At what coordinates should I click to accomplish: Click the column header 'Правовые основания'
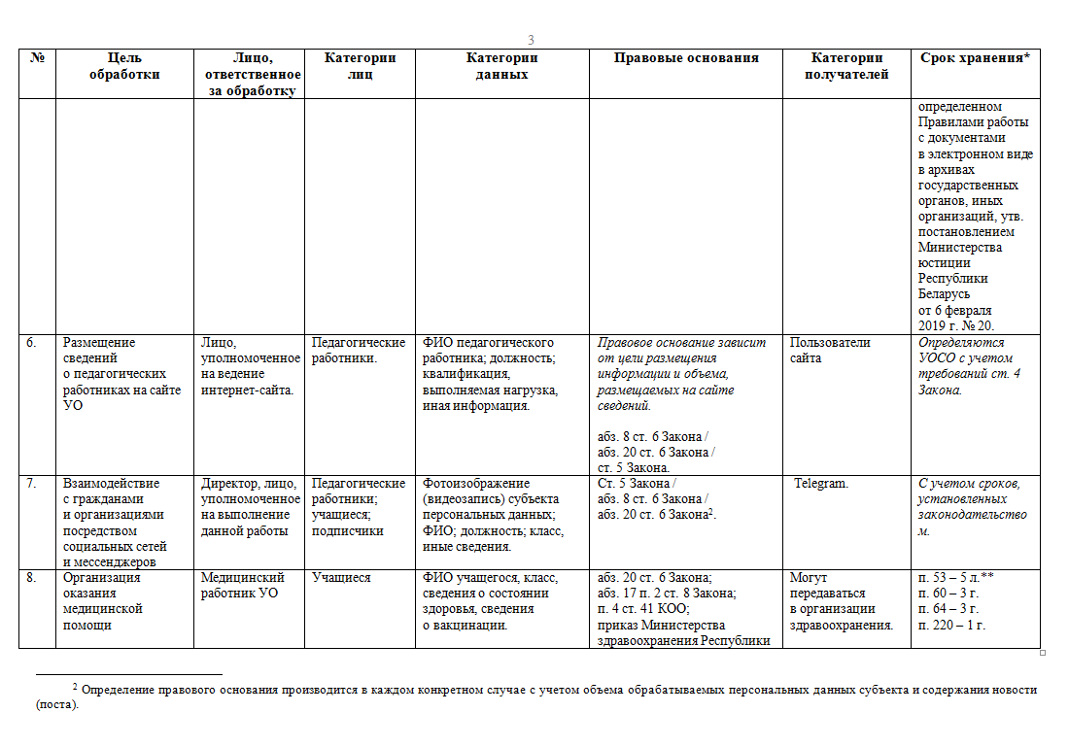click(685, 58)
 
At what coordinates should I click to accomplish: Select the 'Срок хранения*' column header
click(974, 58)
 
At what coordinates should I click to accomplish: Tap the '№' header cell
click(38, 58)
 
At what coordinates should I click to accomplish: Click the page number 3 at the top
click(531, 40)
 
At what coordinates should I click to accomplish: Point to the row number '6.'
click(32, 343)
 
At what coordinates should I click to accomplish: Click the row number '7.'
click(32, 484)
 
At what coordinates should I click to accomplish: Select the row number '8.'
click(32, 577)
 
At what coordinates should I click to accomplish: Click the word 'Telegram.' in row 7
click(821, 484)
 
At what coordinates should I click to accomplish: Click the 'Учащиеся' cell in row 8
click(341, 577)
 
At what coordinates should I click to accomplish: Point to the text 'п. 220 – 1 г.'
click(950, 625)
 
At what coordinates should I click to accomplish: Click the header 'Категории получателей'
click(845, 66)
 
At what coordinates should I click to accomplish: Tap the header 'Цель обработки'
click(123, 66)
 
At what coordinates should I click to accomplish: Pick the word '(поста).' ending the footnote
click(56, 706)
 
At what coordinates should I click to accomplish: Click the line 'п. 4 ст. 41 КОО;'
click(643, 609)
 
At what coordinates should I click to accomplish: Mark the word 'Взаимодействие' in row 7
click(111, 484)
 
